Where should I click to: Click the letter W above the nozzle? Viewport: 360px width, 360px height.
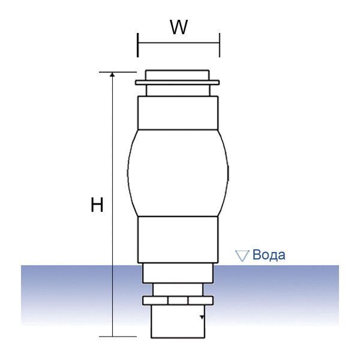pos(179,27)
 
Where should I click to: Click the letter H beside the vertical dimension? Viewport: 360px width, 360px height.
pos(97,205)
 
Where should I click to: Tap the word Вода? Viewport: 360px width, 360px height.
pos(269,255)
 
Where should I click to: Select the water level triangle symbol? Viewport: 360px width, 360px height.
pos(242,256)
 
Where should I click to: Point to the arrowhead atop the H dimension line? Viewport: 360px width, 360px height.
pos(112,74)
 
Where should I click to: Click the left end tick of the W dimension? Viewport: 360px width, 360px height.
pos(137,45)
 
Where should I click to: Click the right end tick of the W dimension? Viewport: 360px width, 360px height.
pos(220,45)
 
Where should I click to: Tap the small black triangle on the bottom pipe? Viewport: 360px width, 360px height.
pos(202,317)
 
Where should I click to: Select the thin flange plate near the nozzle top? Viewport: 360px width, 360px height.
pos(177,83)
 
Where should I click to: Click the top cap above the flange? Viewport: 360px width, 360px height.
pos(178,76)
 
